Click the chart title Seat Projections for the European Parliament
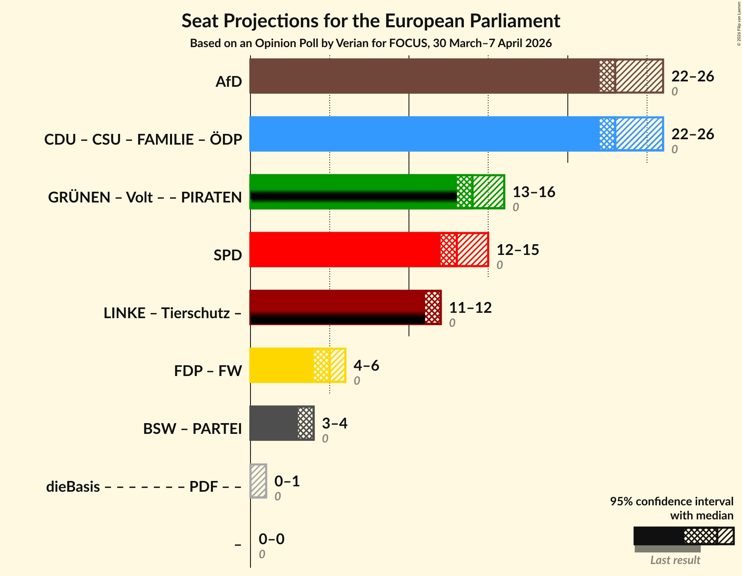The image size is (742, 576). [x=371, y=21]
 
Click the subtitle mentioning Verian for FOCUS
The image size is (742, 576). [x=371, y=43]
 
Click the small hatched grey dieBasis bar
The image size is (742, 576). [x=259, y=481]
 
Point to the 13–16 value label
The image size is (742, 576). [x=534, y=192]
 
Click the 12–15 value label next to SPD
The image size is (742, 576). [x=518, y=250]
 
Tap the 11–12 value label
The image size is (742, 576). [x=470, y=308]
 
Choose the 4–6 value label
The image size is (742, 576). [x=366, y=366]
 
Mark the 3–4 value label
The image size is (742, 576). [x=334, y=424]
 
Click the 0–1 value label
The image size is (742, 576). [x=287, y=481]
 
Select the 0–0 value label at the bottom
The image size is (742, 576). [x=271, y=539]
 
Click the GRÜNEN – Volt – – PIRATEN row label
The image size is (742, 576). [x=145, y=197]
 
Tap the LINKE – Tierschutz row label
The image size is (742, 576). [x=173, y=313]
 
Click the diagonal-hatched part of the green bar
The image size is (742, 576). [x=488, y=192]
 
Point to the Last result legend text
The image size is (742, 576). [x=675, y=560]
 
